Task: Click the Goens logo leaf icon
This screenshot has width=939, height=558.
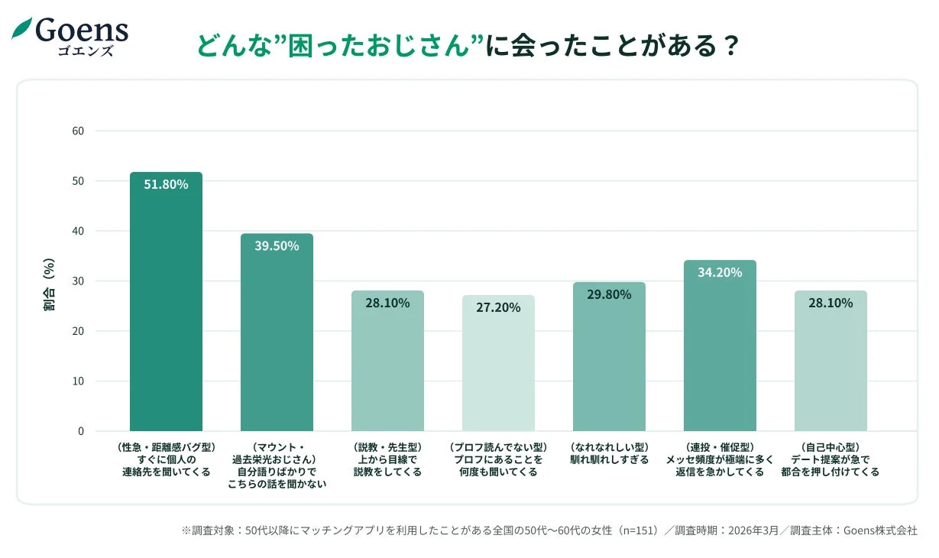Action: (x=21, y=29)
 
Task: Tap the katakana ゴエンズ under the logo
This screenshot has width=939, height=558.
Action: (x=86, y=51)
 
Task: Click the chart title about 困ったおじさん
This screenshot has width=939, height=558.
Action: (x=468, y=45)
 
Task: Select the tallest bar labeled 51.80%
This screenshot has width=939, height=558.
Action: (x=166, y=306)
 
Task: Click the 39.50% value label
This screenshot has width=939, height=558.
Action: (x=277, y=246)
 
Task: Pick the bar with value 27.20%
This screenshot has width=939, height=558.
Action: (x=498, y=367)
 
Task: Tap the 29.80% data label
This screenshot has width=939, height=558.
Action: (x=609, y=294)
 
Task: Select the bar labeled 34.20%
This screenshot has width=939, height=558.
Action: (x=720, y=352)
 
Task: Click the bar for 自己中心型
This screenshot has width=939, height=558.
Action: (x=831, y=367)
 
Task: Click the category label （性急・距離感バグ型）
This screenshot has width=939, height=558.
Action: (x=166, y=447)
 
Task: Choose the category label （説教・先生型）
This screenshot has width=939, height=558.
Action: (x=387, y=447)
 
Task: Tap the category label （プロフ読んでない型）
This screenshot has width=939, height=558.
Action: (x=498, y=447)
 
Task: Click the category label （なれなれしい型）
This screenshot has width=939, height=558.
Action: (x=609, y=447)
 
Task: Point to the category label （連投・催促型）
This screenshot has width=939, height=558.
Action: (x=720, y=447)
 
